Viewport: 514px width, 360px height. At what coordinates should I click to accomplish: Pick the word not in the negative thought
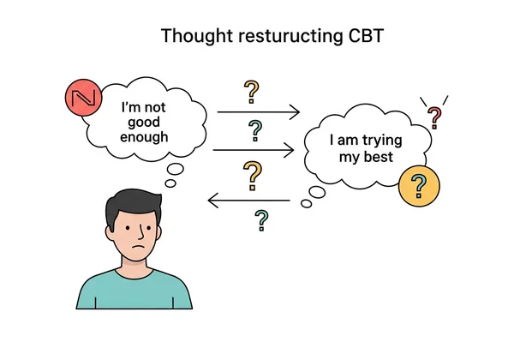158,108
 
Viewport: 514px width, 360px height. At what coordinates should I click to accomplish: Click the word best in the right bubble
388,158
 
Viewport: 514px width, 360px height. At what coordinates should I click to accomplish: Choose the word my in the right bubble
360,158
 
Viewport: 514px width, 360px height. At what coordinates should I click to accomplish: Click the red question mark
435,116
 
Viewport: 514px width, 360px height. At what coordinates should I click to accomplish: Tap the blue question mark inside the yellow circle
419,185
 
